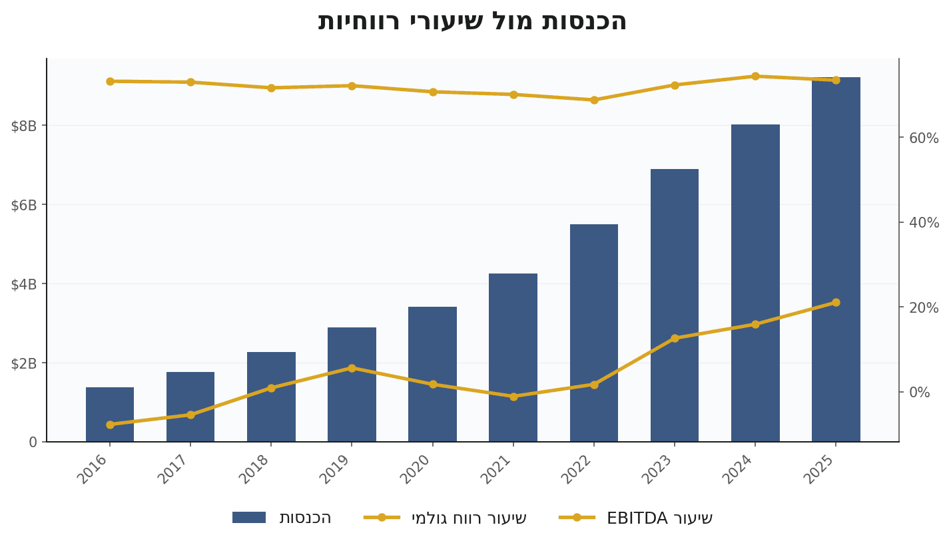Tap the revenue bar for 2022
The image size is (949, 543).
[x=594, y=333]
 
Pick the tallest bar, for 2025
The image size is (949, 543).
[x=836, y=260]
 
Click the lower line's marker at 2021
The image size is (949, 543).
[x=513, y=397]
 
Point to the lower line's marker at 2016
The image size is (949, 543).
[x=110, y=425]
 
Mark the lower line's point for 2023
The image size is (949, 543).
[x=675, y=338]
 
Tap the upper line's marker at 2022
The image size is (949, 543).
[x=594, y=100]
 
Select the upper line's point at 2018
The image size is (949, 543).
[x=271, y=88]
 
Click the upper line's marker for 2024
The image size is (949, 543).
[x=755, y=77]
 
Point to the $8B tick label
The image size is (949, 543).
[x=24, y=126]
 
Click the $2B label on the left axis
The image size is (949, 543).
[x=24, y=363]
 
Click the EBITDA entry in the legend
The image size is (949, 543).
[x=659, y=518]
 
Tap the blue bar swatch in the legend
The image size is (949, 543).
[x=249, y=518]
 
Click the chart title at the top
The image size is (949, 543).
[x=472, y=21]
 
